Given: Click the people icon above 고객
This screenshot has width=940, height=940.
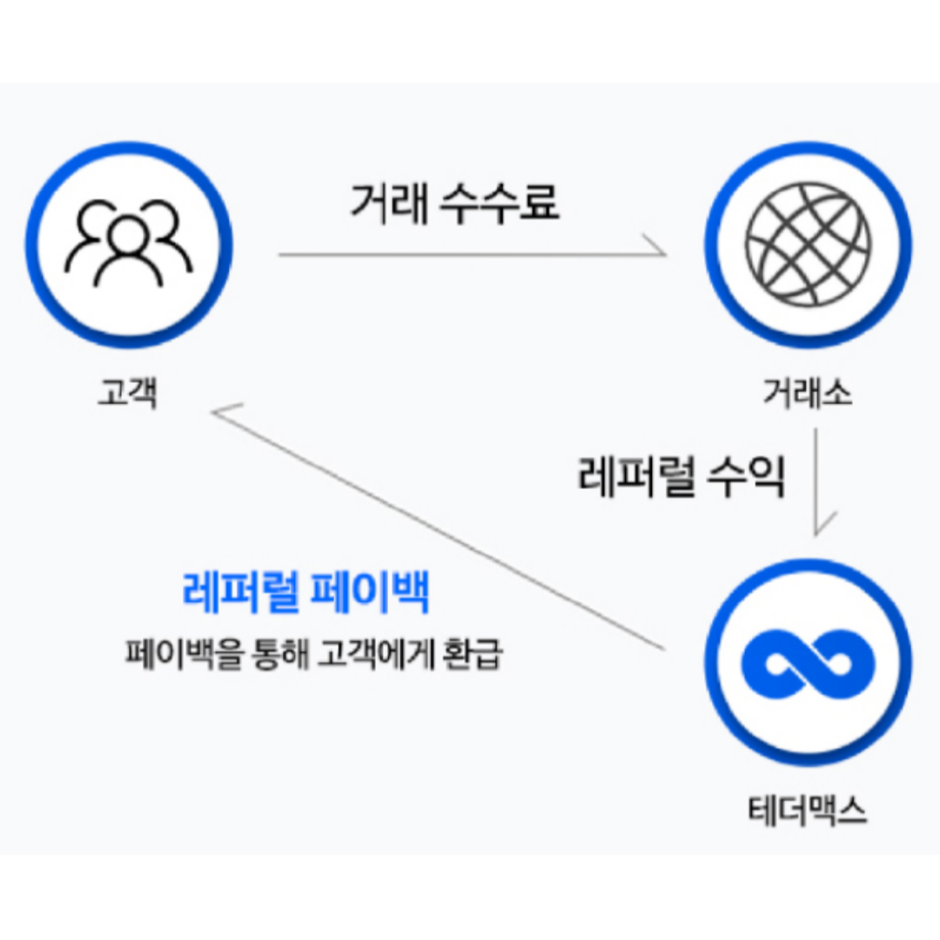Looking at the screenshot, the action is point(129,245).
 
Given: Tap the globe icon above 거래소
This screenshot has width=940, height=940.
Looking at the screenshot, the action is point(808,245).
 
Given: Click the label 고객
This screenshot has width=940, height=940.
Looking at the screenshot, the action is point(127,393).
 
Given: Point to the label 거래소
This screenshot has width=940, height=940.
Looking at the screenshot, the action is point(808,394).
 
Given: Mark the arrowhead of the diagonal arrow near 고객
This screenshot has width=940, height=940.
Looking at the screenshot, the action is point(223,414).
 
